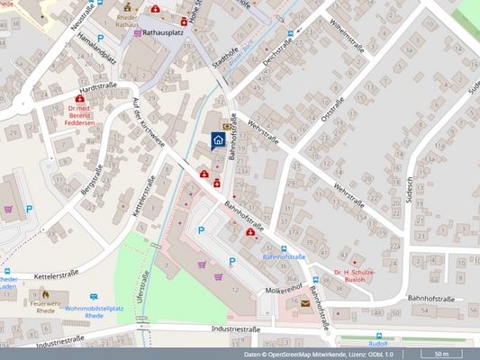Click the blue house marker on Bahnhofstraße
[x=218, y=139]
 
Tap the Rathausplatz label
[x=166, y=33]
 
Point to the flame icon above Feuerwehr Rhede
[x=43, y=292]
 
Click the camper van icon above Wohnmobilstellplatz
[x=94, y=296]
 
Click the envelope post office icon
[x=305, y=304]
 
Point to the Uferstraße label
[x=140, y=289]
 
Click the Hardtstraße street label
[x=99, y=89]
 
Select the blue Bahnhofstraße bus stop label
[x=285, y=256]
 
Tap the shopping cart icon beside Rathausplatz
[x=138, y=33]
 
